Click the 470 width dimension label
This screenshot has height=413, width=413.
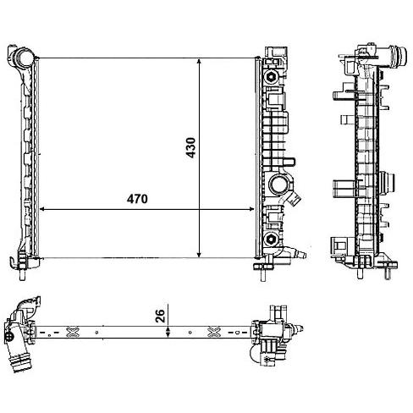pyautogui.click(x=137, y=199)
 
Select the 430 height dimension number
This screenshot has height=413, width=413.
pyautogui.click(x=191, y=147)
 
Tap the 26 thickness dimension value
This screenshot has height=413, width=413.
pyautogui.click(x=160, y=316)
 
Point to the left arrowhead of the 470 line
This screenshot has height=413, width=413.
pyautogui.click(x=42, y=209)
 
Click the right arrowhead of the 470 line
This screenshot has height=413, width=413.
pyautogui.click(x=251, y=209)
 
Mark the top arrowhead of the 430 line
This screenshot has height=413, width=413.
pyautogui.click(x=199, y=62)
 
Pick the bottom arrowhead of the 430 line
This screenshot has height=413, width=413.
pyautogui.click(x=199, y=254)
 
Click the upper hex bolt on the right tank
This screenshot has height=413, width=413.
pyautogui.click(x=271, y=77)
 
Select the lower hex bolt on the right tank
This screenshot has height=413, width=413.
pyautogui.click(x=271, y=240)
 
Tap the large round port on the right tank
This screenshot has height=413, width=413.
pyautogui.click(x=278, y=184)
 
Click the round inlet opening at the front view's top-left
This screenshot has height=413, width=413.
pyautogui.click(x=25, y=58)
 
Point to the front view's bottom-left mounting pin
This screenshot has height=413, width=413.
pyautogui.click(x=22, y=275)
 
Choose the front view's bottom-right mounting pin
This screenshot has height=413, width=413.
pyautogui.click(x=262, y=275)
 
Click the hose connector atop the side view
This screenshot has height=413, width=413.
pyautogui.click(x=398, y=56)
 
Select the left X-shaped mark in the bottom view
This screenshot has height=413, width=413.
pyautogui.click(x=72, y=332)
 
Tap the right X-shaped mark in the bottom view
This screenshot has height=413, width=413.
pyautogui.click(x=213, y=332)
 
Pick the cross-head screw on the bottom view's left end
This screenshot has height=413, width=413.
pyautogui.click(x=8, y=336)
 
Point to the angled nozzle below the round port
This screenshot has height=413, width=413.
pyautogui.click(x=294, y=198)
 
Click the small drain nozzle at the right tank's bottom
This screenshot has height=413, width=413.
pyautogui.click(x=300, y=254)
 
